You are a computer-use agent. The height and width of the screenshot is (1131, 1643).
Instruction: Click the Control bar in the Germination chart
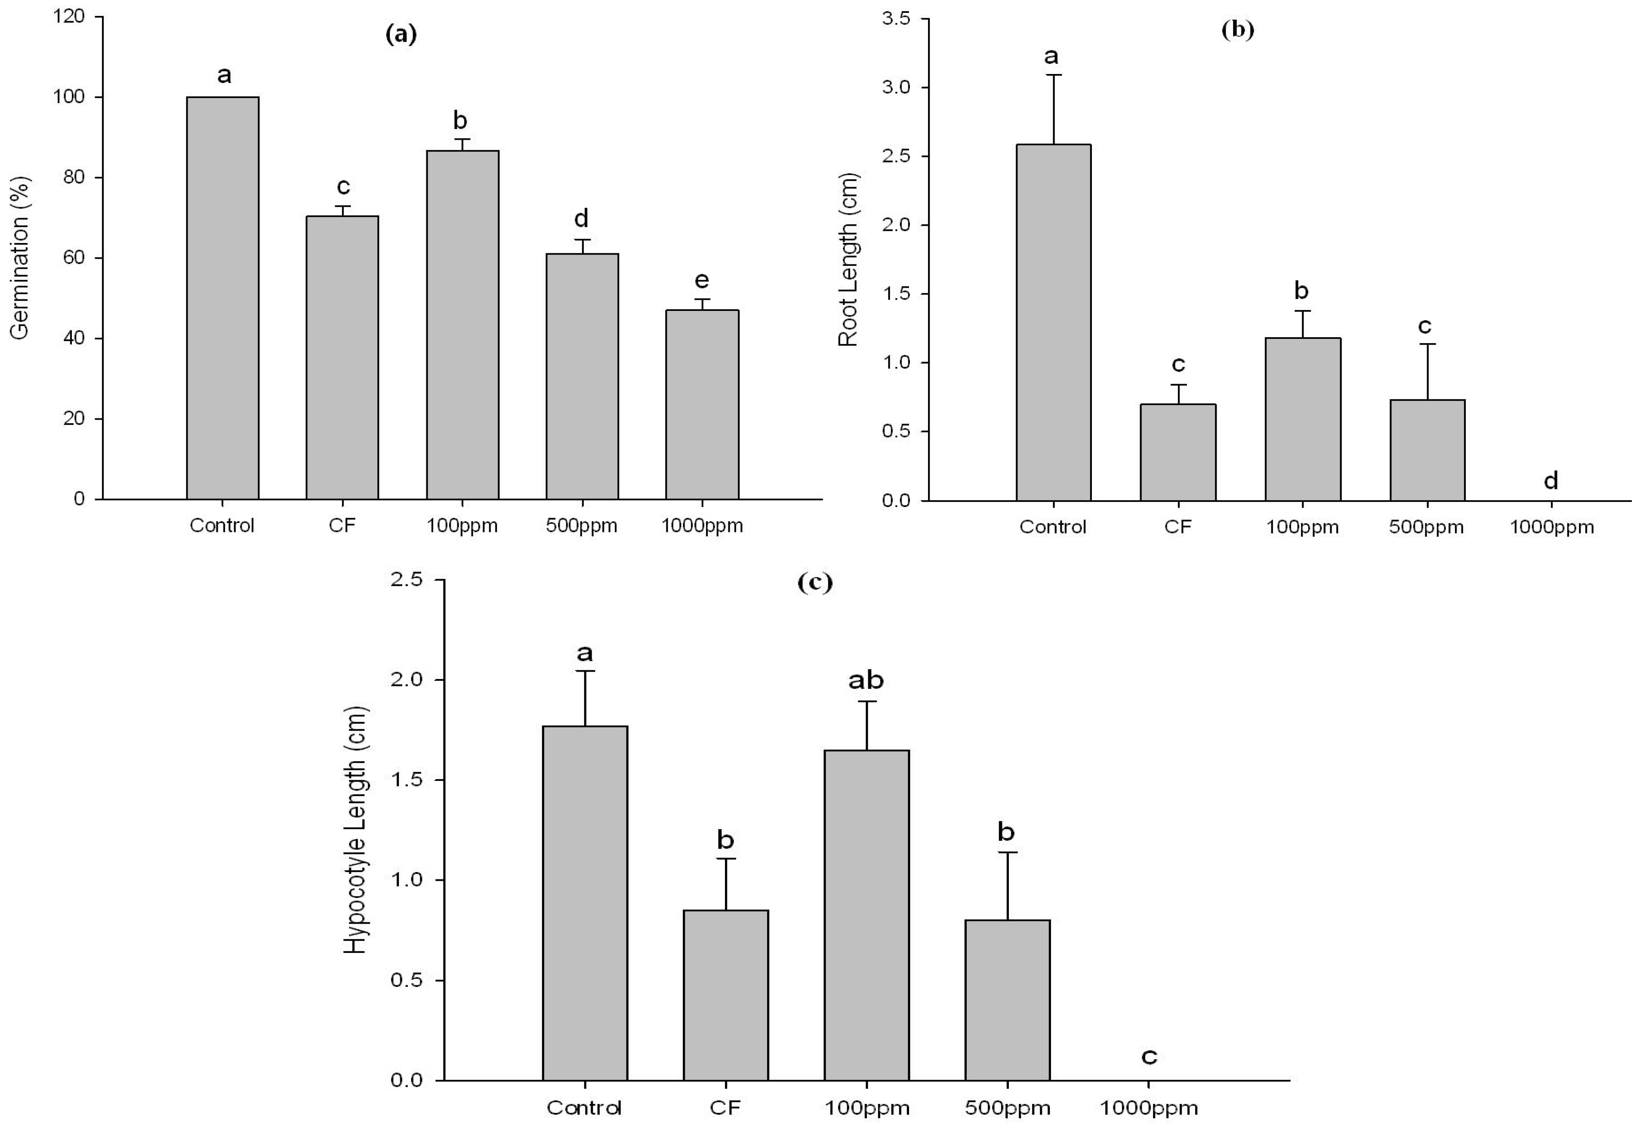tap(222, 298)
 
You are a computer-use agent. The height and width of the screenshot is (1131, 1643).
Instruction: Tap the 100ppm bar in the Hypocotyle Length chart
tap(866, 914)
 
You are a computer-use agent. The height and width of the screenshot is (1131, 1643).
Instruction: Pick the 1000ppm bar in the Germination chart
tap(702, 404)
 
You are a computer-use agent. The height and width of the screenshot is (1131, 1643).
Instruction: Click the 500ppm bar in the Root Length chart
tap(1427, 450)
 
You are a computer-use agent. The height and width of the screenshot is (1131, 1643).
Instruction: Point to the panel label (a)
tap(401, 34)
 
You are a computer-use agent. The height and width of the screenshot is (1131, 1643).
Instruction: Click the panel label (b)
tap(1238, 29)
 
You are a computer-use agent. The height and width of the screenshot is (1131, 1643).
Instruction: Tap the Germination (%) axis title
tap(20, 257)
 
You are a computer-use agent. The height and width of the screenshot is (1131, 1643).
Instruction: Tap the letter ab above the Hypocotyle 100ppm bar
tap(866, 680)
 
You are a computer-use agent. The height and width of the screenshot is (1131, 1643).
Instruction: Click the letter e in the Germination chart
tap(702, 281)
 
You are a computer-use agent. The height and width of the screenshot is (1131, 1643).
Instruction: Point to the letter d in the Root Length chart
tap(1551, 481)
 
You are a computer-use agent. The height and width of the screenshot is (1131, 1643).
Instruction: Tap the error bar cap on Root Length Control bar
tap(1053, 74)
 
